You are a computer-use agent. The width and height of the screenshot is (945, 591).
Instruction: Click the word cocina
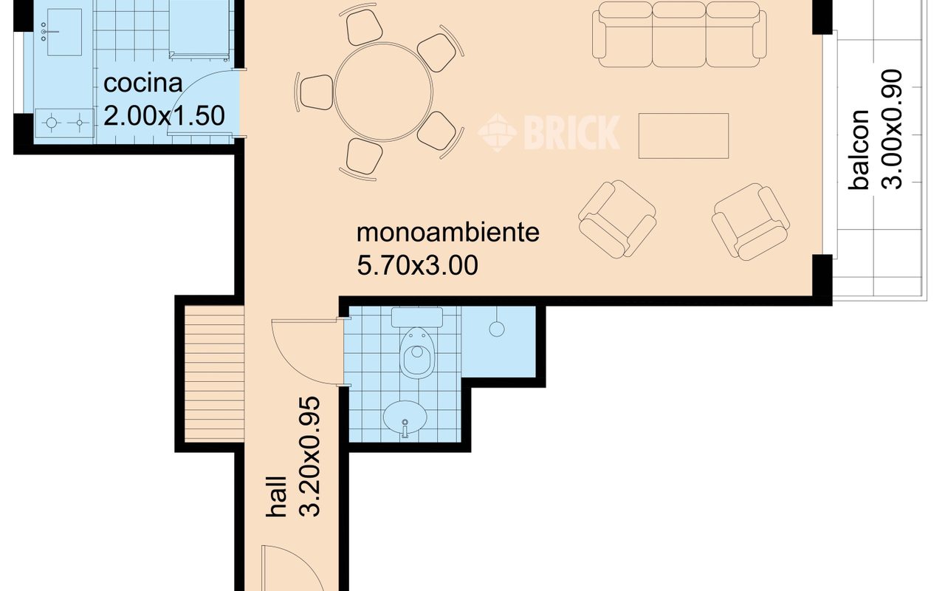pyautogui.click(x=142, y=83)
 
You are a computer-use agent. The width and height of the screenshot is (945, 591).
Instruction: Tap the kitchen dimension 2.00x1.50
pyautogui.click(x=164, y=116)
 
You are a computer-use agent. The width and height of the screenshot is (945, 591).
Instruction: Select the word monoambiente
pyautogui.click(x=448, y=233)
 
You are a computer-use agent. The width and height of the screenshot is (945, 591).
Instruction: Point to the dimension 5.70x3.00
pyautogui.click(x=417, y=265)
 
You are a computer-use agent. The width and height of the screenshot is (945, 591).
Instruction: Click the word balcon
pyautogui.click(x=861, y=150)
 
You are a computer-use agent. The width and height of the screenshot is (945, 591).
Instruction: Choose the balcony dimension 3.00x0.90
pyautogui.click(x=893, y=129)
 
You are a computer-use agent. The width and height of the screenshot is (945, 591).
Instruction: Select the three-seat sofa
pyautogui.click(x=679, y=34)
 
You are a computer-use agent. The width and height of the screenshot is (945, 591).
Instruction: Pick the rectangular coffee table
pyautogui.click(x=683, y=135)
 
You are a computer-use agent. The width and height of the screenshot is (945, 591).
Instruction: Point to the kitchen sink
pyautogui.click(x=64, y=34)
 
